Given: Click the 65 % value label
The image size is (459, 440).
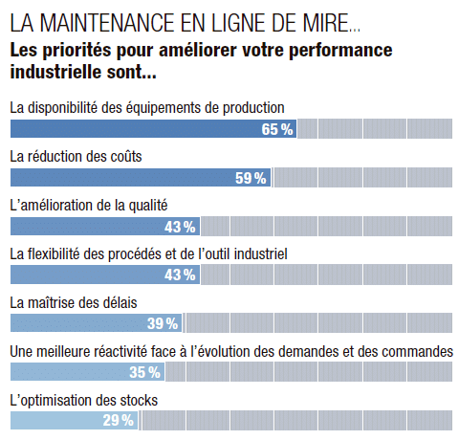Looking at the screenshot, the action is click(x=277, y=129).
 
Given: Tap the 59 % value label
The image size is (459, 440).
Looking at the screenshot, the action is click(x=251, y=178).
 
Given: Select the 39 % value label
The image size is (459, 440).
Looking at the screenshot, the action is click(x=163, y=323).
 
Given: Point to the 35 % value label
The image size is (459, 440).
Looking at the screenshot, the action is click(x=144, y=372).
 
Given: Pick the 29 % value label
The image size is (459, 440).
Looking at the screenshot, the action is click(x=119, y=420).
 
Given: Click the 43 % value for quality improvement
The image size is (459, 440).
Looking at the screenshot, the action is click(x=180, y=227).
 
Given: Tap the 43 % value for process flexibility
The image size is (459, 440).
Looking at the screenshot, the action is click(x=180, y=275).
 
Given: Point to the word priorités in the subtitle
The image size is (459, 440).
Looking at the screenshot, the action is click(x=76, y=51).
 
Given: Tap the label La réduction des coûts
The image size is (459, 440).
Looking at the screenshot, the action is click(x=76, y=157).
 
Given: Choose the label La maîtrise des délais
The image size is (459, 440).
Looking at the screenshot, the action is click(x=74, y=302).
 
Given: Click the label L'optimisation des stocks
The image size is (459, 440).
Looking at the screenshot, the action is click(x=84, y=401).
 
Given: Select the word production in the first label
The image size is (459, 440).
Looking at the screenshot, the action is click(x=253, y=108).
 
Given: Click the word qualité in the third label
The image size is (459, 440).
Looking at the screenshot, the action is click(x=148, y=206).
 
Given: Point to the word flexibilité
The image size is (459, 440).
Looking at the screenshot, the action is click(x=54, y=254).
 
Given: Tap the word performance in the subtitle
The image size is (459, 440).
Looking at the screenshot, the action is click(x=340, y=51).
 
